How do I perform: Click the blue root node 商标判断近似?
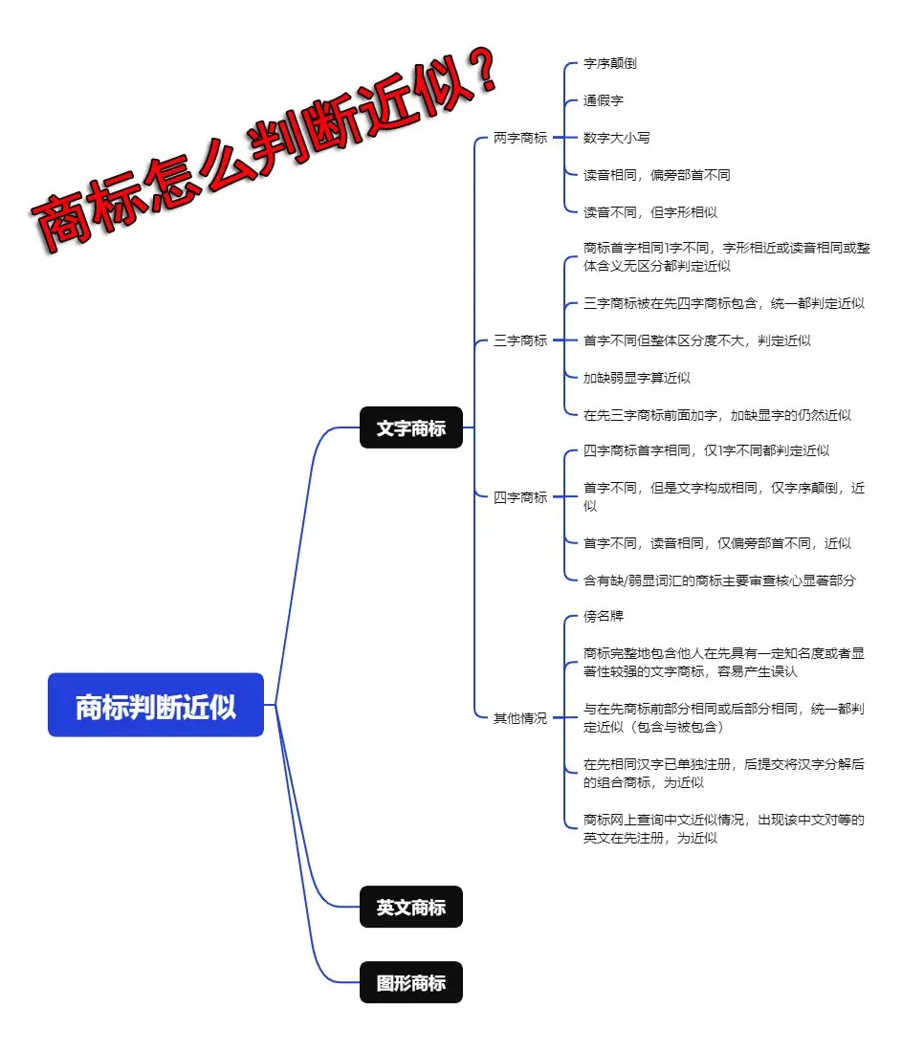155,707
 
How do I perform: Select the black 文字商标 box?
410,427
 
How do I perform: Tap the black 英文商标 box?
410,907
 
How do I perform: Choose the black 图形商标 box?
410,982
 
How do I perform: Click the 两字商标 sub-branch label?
520,138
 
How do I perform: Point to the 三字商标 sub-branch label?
520,340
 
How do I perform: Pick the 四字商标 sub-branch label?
520,496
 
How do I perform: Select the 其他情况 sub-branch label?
520,717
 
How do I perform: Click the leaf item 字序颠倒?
609,63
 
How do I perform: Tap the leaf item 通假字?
604,100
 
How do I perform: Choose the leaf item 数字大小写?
617,138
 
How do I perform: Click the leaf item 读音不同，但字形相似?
649,212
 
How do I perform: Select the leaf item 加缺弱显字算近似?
637,378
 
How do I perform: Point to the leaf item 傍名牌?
604,617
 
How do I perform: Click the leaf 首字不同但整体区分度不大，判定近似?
696,340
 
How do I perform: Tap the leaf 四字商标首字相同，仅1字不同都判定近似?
706,450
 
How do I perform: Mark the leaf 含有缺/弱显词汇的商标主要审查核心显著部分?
719,580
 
